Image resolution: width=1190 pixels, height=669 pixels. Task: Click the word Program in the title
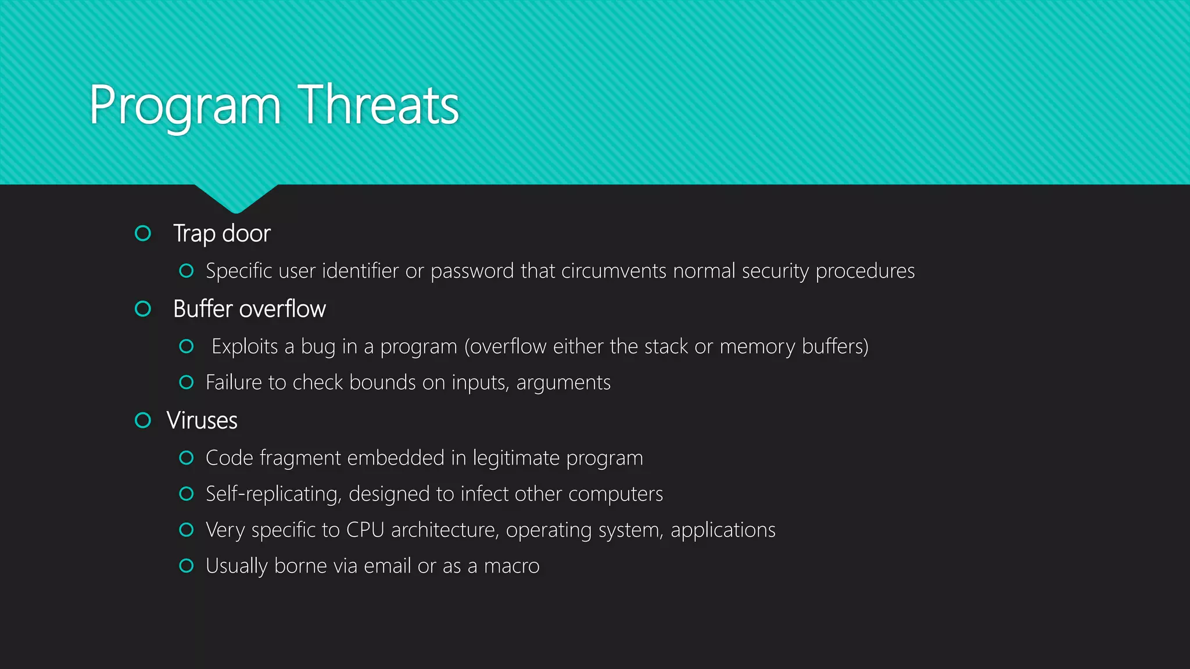click(x=185, y=106)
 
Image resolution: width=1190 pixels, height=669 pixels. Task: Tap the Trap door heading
click(x=221, y=233)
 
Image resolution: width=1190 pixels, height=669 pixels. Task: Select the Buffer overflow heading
click(x=249, y=309)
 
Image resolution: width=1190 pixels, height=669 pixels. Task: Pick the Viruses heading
click(x=202, y=420)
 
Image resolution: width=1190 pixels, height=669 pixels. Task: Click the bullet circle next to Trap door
click(x=143, y=233)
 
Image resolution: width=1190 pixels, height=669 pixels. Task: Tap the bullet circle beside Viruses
click(x=143, y=420)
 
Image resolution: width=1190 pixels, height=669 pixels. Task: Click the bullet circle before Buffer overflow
click(x=143, y=309)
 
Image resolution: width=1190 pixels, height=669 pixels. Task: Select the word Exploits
click(x=245, y=347)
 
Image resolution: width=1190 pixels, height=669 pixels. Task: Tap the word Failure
click(x=234, y=383)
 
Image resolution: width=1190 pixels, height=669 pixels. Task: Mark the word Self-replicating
click(x=273, y=494)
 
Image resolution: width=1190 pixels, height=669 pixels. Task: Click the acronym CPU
click(x=365, y=530)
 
